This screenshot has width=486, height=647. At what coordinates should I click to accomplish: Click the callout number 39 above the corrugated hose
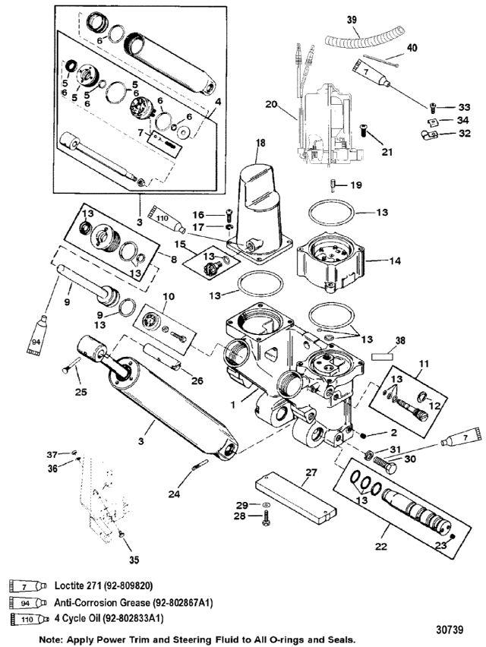(352, 20)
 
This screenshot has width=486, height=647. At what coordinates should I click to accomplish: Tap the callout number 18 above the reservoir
(260, 144)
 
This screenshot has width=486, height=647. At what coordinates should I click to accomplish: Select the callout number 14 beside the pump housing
(395, 260)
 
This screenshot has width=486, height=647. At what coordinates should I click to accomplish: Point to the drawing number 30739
(450, 630)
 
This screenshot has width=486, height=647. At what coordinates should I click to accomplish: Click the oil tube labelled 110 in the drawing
(168, 219)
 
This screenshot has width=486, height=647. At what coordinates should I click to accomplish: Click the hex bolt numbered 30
(384, 465)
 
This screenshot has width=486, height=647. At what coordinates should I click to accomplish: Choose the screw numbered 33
(433, 107)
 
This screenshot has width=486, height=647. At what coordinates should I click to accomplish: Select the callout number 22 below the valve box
(381, 546)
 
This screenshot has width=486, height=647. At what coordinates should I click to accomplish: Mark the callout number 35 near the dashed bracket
(134, 560)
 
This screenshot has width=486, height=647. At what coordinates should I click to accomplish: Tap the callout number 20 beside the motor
(271, 104)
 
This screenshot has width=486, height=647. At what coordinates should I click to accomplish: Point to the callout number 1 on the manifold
(233, 405)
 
